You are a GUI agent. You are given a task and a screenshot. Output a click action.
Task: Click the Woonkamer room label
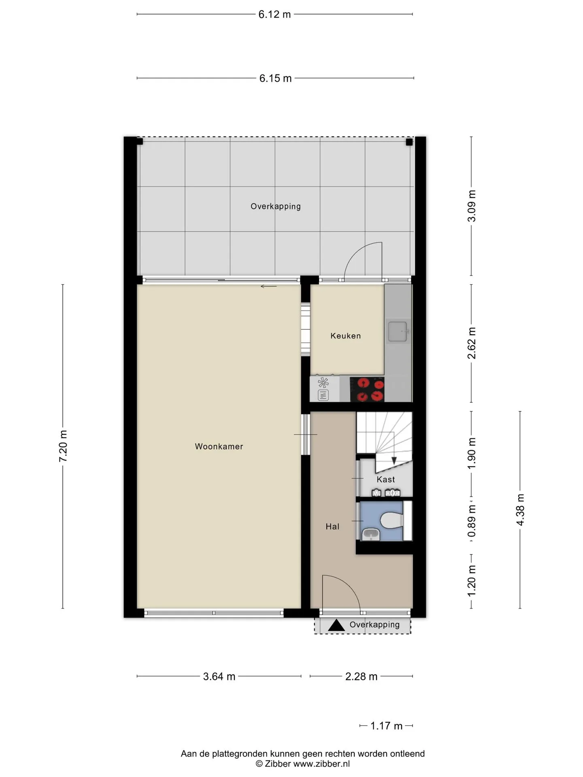(219, 446)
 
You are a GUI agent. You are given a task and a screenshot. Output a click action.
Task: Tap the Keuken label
(345, 335)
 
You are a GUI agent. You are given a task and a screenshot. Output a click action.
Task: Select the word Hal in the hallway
(332, 526)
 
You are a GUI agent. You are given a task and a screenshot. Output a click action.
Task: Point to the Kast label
(385, 479)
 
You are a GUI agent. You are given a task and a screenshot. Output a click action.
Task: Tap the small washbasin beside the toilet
(371, 534)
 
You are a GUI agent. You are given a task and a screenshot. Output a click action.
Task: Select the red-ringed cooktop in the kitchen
(367, 389)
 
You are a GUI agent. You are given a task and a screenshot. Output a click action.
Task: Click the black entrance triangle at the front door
(336, 625)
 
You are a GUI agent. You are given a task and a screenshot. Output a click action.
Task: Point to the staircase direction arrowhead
(394, 461)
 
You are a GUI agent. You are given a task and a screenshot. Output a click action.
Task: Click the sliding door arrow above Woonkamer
(268, 287)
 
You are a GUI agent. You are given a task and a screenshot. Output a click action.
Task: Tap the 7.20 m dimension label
(63, 446)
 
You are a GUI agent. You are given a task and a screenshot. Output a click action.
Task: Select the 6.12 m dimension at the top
(274, 15)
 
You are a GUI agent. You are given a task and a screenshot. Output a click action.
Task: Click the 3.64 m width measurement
(219, 676)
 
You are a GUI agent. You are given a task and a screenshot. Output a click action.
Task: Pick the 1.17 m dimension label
(386, 726)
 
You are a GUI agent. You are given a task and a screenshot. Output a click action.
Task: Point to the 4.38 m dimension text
(520, 510)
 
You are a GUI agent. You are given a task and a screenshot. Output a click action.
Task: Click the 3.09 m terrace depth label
(472, 206)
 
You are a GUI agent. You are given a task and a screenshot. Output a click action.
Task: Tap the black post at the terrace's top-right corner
(409, 142)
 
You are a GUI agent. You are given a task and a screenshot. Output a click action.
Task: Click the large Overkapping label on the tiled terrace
(276, 206)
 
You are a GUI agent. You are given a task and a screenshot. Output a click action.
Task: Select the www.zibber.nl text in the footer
(321, 764)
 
